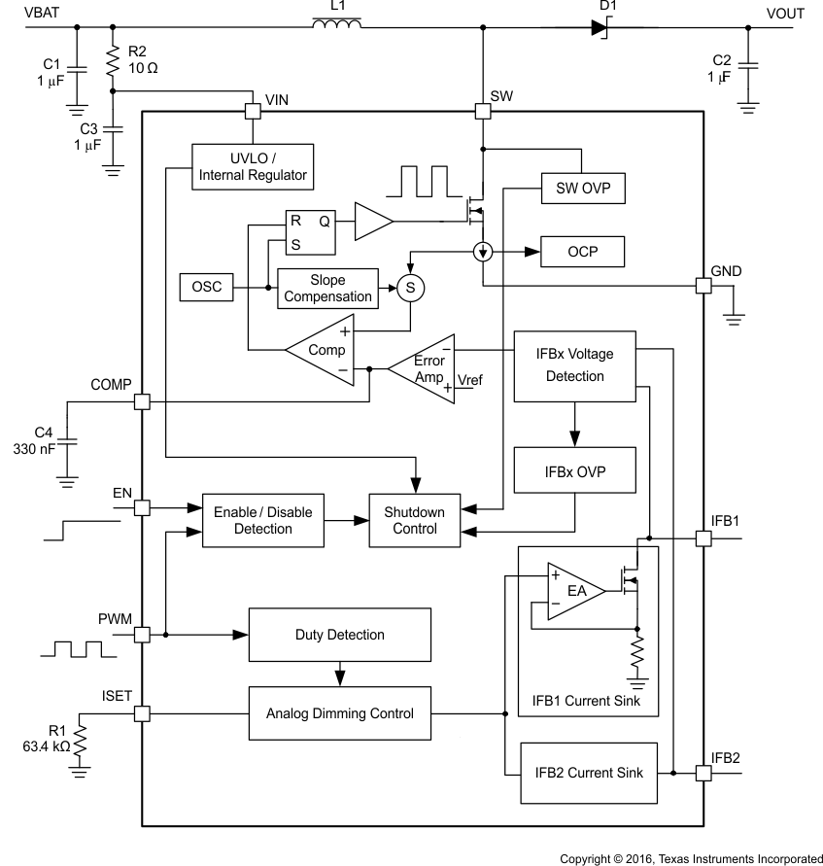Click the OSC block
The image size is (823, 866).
207,288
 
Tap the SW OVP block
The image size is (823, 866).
582,186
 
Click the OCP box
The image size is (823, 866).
582,252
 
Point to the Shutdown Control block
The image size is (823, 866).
414,520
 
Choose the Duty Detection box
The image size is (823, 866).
339,635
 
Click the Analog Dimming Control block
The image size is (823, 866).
339,713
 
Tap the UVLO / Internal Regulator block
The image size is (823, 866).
253,167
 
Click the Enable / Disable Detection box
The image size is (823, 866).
262,520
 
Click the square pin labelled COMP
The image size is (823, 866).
142,401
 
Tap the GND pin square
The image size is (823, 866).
703,286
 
